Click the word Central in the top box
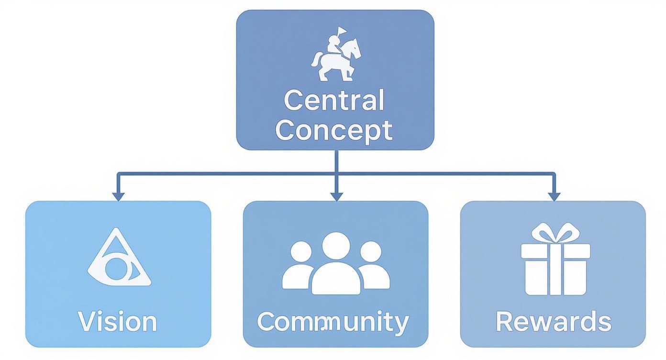[x=334, y=100]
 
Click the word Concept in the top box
[x=334, y=131]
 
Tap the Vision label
[x=118, y=321]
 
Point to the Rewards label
[x=554, y=321]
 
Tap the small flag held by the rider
[x=342, y=31]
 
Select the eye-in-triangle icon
[x=119, y=257]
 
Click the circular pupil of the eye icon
[x=117, y=269]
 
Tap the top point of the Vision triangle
[x=116, y=228]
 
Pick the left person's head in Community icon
[x=301, y=252]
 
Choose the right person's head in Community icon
[x=371, y=252]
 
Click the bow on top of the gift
[x=555, y=233]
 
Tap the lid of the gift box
[x=555, y=251]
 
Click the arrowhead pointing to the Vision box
[x=118, y=197]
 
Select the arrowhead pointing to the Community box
[x=336, y=197]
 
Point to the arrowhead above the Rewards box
[x=554, y=197]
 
